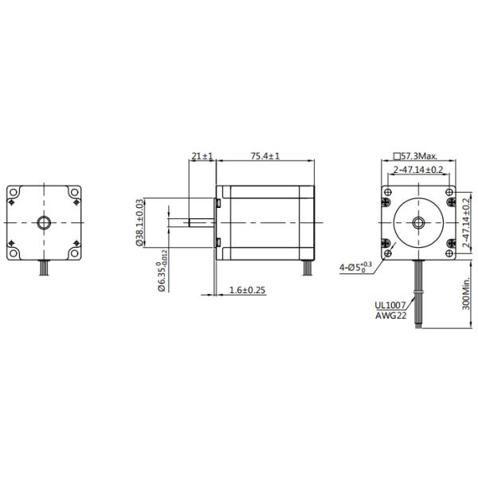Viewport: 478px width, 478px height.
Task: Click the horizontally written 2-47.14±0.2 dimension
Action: click(x=419, y=170)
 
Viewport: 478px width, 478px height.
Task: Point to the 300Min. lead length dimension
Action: click(x=468, y=296)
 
